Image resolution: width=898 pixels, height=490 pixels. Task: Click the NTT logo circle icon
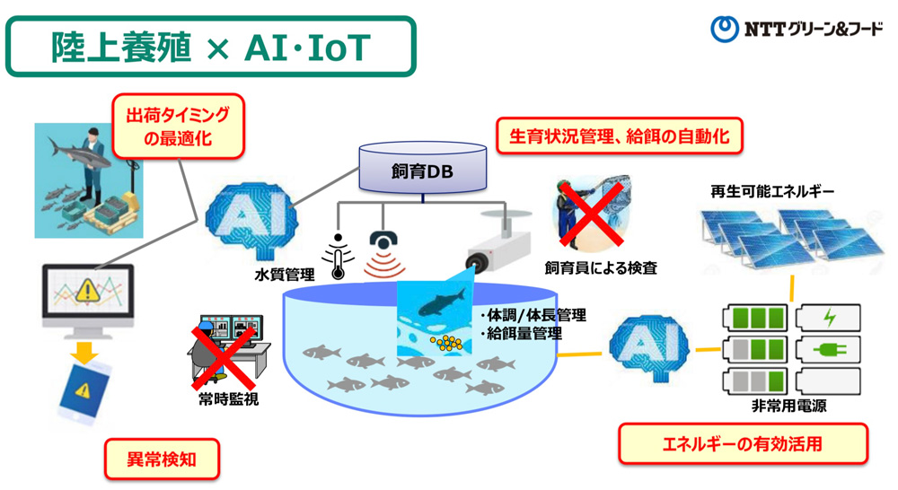coord(724,30)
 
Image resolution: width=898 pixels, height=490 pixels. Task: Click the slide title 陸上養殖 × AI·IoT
coord(211,47)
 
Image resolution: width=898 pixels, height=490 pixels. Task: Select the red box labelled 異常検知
coord(163,461)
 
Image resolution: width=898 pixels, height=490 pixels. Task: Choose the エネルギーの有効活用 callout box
coord(743,444)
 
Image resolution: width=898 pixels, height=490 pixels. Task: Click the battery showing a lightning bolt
coord(828,318)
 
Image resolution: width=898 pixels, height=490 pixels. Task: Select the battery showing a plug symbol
coord(828,349)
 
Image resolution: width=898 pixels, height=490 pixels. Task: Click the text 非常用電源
coord(789,406)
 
